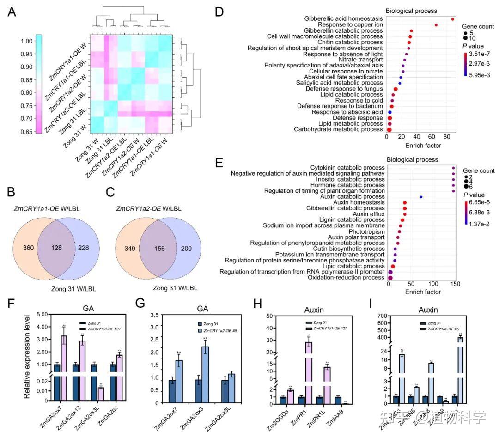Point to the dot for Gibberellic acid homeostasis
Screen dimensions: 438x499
453,19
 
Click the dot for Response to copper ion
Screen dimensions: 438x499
436,25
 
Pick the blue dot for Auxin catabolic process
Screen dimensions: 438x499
421,197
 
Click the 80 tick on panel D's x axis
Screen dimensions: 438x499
447,138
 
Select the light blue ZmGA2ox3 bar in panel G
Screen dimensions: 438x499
205,377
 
